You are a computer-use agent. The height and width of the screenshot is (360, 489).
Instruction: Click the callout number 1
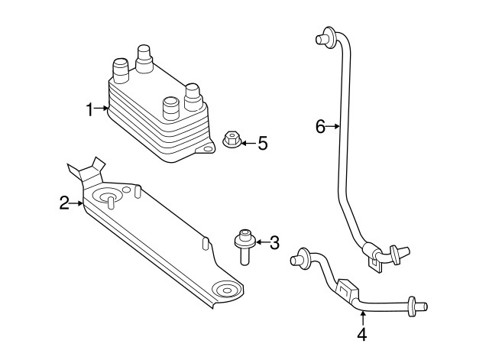click(x=90, y=109)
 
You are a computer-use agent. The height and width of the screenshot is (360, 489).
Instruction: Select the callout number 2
click(x=65, y=203)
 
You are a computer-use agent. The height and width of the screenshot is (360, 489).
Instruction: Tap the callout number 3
click(x=274, y=242)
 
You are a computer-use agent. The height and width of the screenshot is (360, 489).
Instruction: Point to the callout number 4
click(x=362, y=334)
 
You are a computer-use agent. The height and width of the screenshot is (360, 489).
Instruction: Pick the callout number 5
click(x=262, y=143)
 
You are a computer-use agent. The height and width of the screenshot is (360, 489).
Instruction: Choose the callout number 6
click(x=320, y=126)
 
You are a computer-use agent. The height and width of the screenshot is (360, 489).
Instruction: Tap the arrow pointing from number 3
click(x=261, y=242)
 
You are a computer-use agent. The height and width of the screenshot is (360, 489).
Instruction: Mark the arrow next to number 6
click(x=333, y=127)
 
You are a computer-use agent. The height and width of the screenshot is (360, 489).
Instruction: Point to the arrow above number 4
click(x=363, y=316)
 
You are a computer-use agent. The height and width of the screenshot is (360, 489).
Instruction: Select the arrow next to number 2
click(x=77, y=203)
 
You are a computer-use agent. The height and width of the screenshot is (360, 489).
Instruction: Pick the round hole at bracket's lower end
click(x=226, y=290)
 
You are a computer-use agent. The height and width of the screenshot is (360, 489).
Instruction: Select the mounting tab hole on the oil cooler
click(x=203, y=151)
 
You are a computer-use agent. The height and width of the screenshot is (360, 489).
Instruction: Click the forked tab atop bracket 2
click(x=86, y=170)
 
